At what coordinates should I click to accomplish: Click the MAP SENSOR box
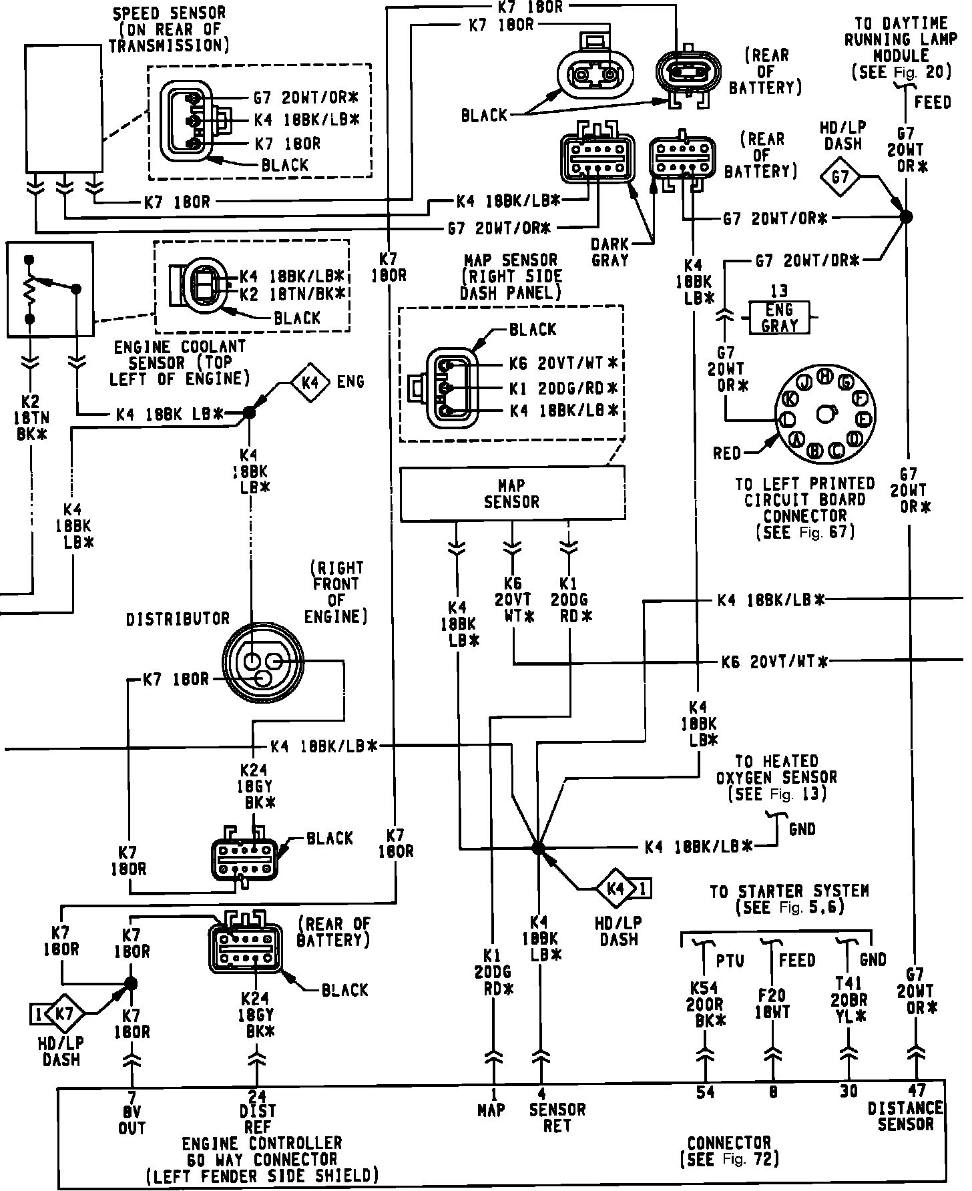click(x=512, y=494)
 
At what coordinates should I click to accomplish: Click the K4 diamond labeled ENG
click(x=310, y=383)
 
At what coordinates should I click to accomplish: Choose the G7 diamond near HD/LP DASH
click(x=840, y=177)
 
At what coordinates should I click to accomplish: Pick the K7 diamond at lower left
click(x=65, y=1014)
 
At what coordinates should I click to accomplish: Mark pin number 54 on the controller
click(x=705, y=1092)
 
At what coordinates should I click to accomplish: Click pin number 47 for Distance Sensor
click(x=917, y=1090)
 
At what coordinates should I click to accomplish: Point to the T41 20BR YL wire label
click(x=848, y=1000)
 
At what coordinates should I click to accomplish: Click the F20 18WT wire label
click(x=772, y=1004)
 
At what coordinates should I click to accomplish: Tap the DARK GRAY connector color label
click(x=610, y=252)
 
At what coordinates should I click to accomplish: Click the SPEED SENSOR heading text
click(x=169, y=29)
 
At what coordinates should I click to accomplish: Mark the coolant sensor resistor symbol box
click(x=50, y=289)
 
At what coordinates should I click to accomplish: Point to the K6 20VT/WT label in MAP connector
click(x=563, y=364)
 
